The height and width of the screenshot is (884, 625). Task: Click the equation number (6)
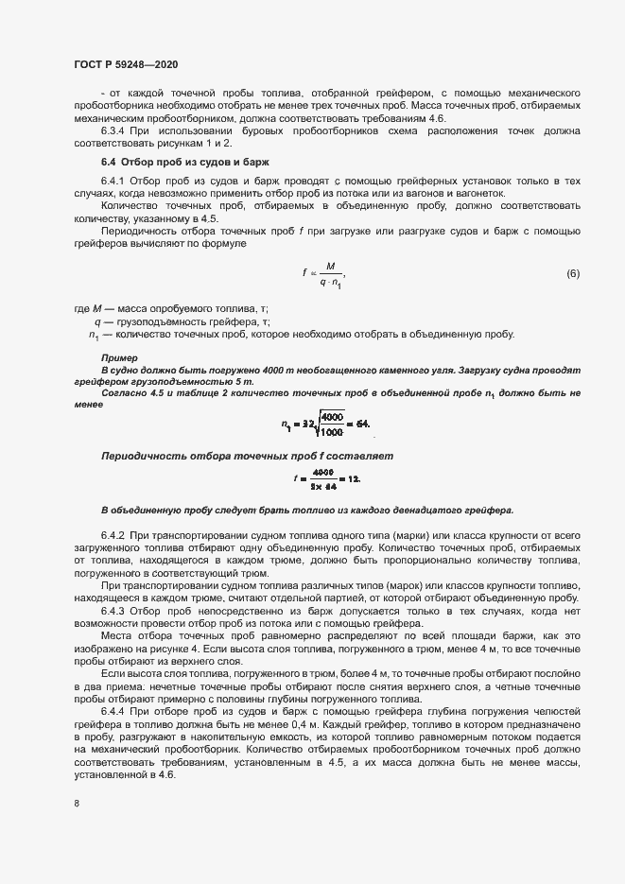(572, 274)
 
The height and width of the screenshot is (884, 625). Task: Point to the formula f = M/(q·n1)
(323, 273)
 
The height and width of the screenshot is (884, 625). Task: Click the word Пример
(118, 358)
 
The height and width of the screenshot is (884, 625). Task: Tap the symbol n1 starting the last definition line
(94, 335)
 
